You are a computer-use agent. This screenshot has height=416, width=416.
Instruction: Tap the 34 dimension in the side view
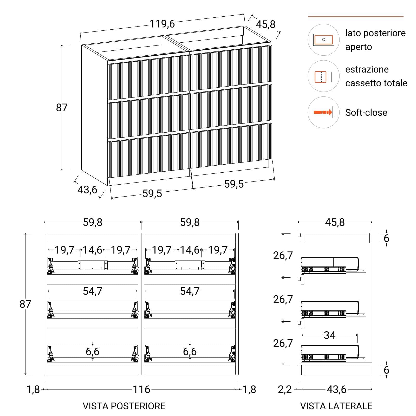(329, 335)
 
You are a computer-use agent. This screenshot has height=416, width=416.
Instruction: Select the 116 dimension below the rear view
(141, 389)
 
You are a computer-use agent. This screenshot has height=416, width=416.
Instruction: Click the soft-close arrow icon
(323, 112)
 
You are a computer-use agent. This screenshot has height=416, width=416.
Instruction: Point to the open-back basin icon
(323, 40)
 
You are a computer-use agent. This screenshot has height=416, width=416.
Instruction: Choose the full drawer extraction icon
(323, 77)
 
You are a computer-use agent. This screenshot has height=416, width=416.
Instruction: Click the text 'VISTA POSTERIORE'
(124, 406)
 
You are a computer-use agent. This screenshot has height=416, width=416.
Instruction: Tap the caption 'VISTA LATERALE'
(336, 406)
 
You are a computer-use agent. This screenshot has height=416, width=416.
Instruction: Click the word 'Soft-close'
(366, 113)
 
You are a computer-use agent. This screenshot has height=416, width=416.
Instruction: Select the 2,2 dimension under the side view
(285, 390)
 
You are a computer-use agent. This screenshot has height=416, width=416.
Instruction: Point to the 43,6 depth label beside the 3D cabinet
(87, 190)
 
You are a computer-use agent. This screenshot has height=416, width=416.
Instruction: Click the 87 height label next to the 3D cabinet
(62, 107)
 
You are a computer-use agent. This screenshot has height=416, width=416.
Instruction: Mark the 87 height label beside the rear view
(25, 304)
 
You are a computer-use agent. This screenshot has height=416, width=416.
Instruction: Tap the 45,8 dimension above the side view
(335, 222)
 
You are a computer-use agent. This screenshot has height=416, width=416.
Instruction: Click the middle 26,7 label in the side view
(283, 300)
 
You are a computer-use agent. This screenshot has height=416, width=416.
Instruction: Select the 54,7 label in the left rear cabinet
(93, 291)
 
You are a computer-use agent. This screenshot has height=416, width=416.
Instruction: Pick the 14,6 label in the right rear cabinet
(190, 250)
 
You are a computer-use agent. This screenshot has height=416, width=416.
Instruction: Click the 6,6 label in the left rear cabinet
(93, 352)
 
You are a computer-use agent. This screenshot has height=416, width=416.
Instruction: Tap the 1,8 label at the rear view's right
(249, 389)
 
